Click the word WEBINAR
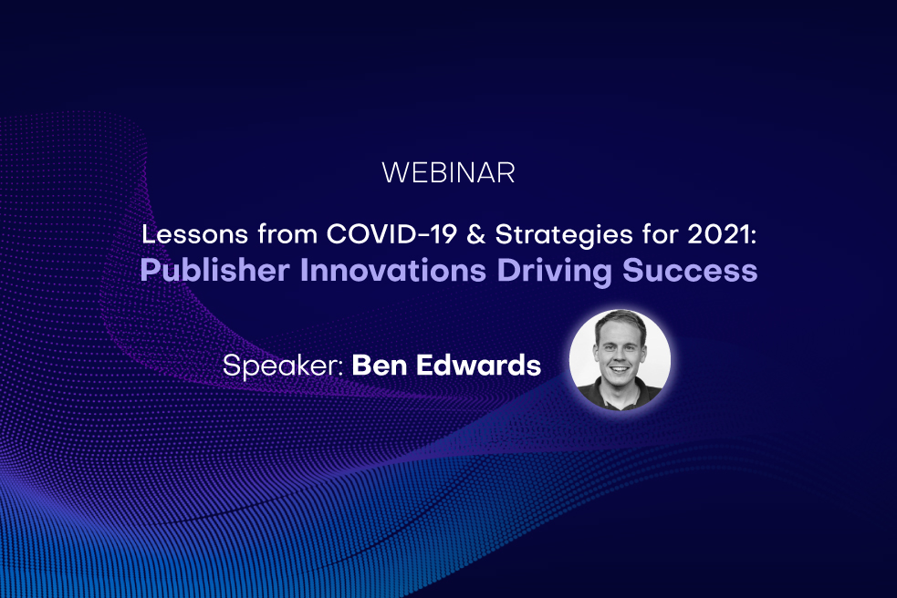(x=448, y=172)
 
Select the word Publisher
(x=193, y=272)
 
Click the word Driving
(x=532, y=272)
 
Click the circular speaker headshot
(x=620, y=360)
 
